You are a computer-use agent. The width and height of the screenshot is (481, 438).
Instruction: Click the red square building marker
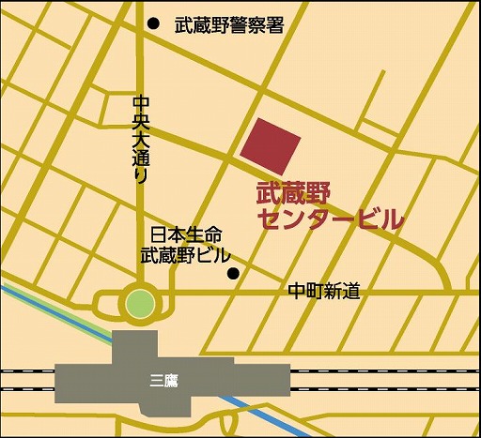(271, 143)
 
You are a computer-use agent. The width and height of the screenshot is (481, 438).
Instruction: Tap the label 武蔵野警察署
(229, 26)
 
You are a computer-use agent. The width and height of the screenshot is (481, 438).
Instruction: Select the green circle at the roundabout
(139, 303)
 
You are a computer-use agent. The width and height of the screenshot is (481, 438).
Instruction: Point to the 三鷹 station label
(165, 380)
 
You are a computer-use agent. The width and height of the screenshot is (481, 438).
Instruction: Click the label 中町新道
(324, 292)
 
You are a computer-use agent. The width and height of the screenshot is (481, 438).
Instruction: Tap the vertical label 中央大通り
(141, 138)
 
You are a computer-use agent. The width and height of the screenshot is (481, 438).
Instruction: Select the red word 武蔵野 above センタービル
(288, 195)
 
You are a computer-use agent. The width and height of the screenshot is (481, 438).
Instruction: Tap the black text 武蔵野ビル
(186, 254)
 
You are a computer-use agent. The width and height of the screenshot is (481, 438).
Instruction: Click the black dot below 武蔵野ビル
(233, 274)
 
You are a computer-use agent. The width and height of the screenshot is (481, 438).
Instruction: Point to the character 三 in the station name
(157, 380)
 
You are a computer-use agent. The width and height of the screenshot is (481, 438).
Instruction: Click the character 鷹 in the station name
(173, 380)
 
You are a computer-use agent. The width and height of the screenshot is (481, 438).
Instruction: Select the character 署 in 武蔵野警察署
(274, 26)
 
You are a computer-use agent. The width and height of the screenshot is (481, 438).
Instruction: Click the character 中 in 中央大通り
(141, 101)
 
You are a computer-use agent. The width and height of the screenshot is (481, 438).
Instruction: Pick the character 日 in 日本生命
(158, 235)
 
